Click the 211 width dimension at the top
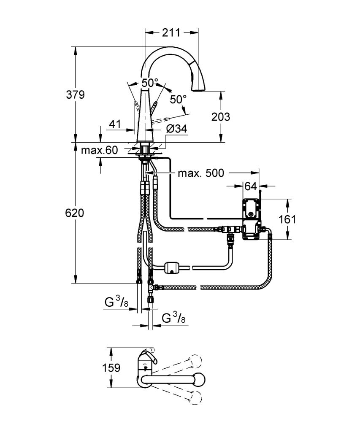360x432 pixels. coord(171,32)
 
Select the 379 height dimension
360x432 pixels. coord(75,95)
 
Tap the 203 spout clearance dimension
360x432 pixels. coord(221,117)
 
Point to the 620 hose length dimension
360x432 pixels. coord(75,213)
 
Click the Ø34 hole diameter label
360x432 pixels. coord(177,128)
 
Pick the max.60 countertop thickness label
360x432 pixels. coord(99,150)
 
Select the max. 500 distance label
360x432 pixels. coord(201,173)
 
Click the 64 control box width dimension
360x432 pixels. coord(251,186)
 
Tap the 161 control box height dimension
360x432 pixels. coord(287,219)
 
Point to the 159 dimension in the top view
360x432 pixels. coord(111,367)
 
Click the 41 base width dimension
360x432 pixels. coord(115,124)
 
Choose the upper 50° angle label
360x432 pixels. coord(150,82)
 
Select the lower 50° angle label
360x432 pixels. coord(178,99)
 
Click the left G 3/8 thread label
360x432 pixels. coord(116,303)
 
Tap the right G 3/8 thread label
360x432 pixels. coord(173,319)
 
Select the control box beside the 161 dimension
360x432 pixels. coord(251,219)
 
